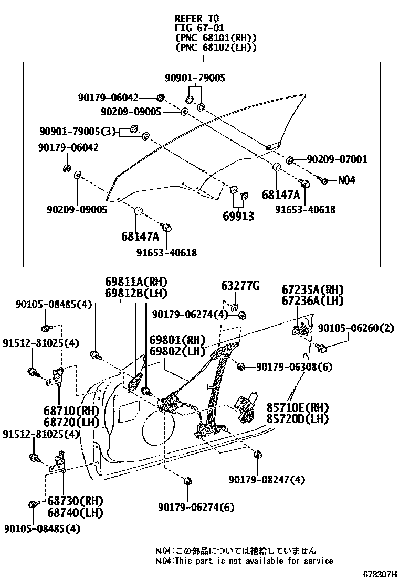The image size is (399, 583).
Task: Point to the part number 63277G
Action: click(x=240, y=286)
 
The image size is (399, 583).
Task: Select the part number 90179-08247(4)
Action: click(x=267, y=479)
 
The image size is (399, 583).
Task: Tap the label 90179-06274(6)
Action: click(x=196, y=507)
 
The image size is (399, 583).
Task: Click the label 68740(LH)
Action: click(x=67, y=512)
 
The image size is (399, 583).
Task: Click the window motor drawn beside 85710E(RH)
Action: click(x=245, y=408)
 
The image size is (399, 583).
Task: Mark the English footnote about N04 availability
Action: click(x=244, y=560)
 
